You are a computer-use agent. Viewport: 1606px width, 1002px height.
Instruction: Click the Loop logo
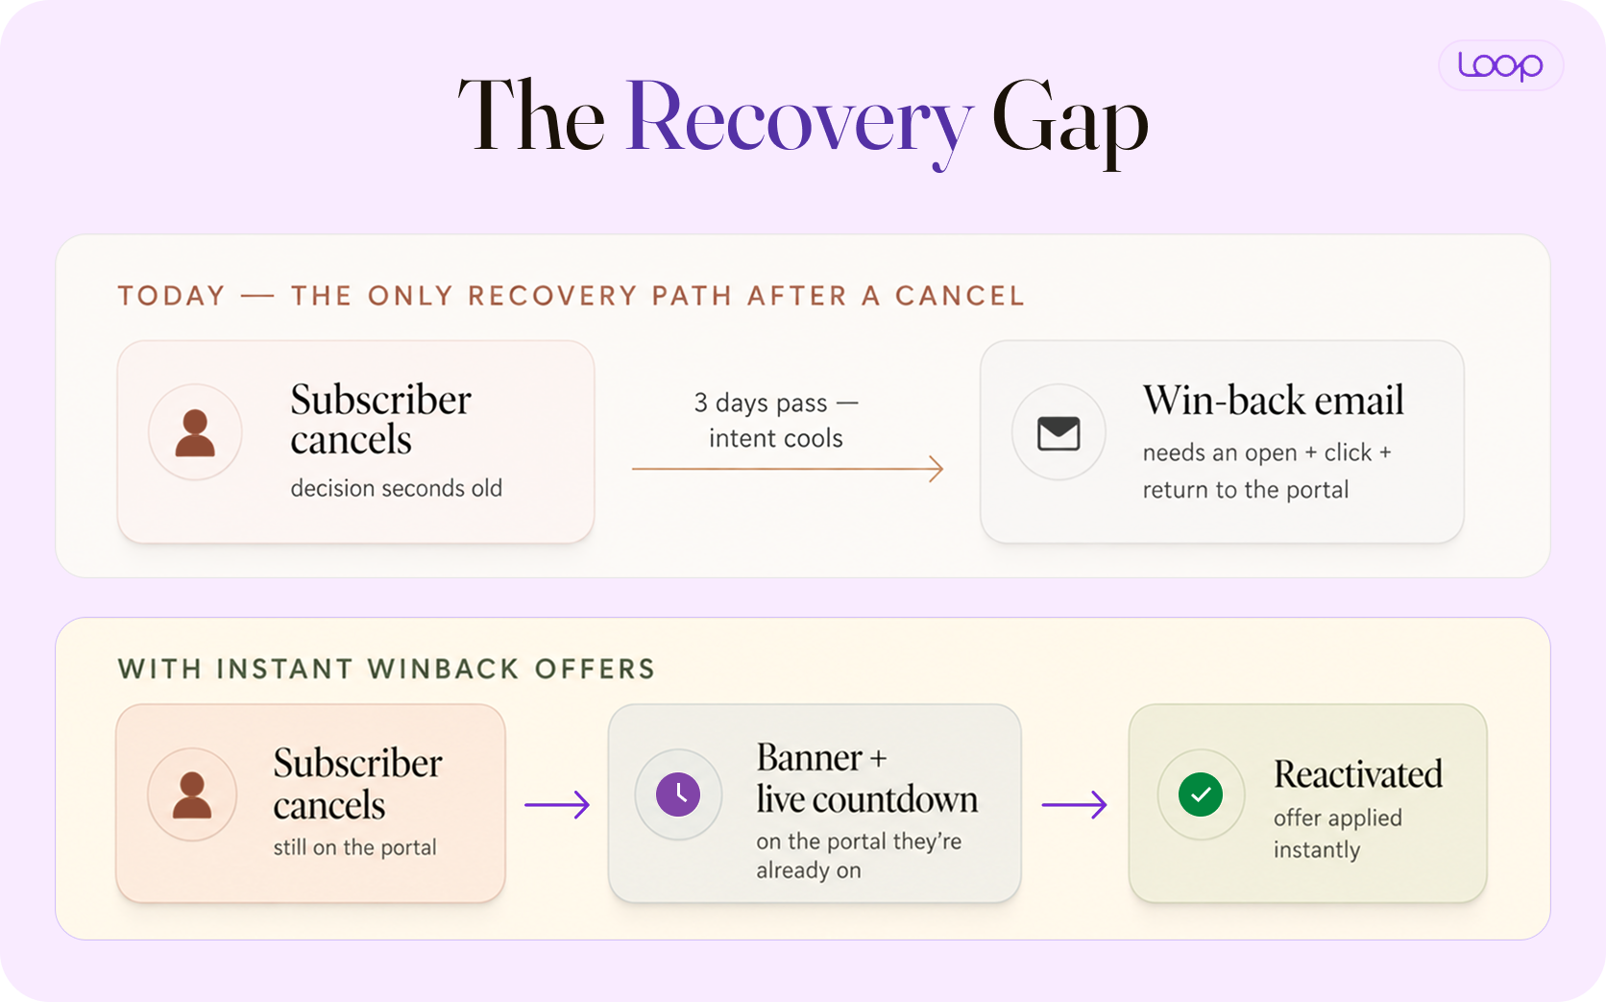tap(1500, 65)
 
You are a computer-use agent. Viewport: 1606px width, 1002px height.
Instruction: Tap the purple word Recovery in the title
tap(799, 119)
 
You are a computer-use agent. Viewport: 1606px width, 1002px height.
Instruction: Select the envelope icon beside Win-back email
tap(1058, 432)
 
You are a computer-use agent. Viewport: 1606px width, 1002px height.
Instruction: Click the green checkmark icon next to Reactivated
tap(1201, 794)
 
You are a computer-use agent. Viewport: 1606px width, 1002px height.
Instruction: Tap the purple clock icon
tap(677, 794)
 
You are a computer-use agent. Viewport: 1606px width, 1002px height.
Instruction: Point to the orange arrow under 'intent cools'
tap(788, 469)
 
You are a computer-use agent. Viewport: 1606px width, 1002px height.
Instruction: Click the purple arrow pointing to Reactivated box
tap(1074, 805)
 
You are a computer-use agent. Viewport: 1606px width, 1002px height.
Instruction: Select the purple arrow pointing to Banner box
tap(557, 805)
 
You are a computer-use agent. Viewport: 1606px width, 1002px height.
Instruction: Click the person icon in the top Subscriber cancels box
tap(195, 432)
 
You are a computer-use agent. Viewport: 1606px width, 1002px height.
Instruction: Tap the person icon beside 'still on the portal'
tap(192, 794)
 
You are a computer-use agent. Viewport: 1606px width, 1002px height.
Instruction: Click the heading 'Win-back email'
tap(1273, 400)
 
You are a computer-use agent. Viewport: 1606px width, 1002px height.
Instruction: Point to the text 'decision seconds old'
tap(397, 488)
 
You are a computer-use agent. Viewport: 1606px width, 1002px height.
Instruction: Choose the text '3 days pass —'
tap(776, 403)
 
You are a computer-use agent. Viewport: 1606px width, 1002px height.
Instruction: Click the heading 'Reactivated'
tap(1358, 774)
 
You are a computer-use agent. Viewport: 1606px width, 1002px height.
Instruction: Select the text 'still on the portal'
tap(354, 847)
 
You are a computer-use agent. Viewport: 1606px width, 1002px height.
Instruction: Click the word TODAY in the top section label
tap(172, 296)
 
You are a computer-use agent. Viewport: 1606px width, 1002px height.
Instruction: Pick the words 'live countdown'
tap(866, 799)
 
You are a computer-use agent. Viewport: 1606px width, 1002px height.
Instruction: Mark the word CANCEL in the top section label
tap(960, 296)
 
